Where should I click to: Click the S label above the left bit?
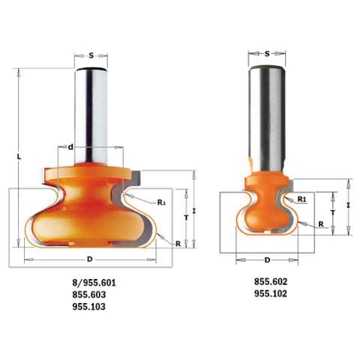(x=91, y=55)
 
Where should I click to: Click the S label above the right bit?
(x=267, y=53)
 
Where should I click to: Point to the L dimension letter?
(x=19, y=157)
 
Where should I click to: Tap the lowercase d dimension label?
(x=70, y=147)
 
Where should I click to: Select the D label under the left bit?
(x=89, y=259)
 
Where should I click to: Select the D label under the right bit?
(x=267, y=260)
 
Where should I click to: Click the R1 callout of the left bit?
(x=161, y=202)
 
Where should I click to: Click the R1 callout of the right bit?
(x=301, y=199)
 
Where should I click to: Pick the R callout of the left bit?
(x=178, y=244)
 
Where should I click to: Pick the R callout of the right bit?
(x=321, y=224)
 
